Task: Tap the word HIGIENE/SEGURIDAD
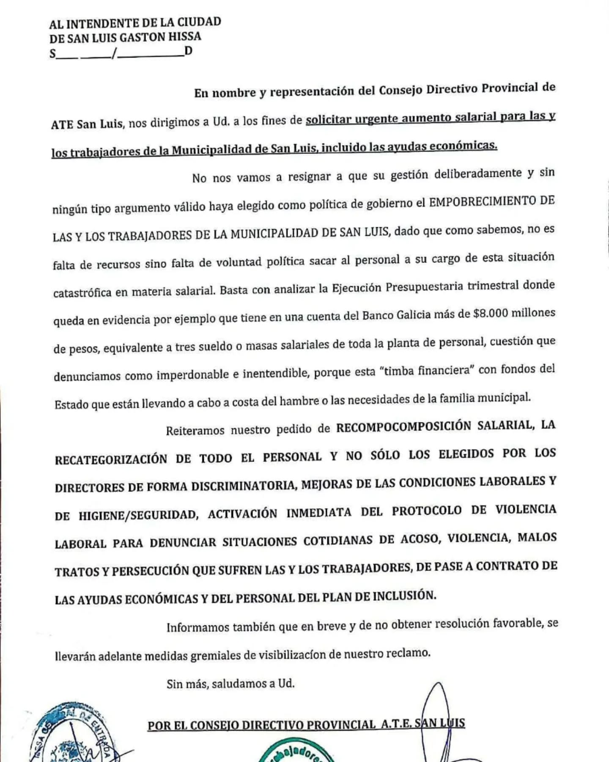tap(138, 515)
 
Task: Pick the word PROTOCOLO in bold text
tap(426, 511)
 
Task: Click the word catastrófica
tap(82, 293)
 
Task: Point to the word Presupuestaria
tap(425, 287)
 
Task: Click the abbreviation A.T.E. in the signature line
tap(396, 723)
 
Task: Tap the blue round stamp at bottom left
tap(72, 734)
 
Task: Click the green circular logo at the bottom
tap(296, 754)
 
